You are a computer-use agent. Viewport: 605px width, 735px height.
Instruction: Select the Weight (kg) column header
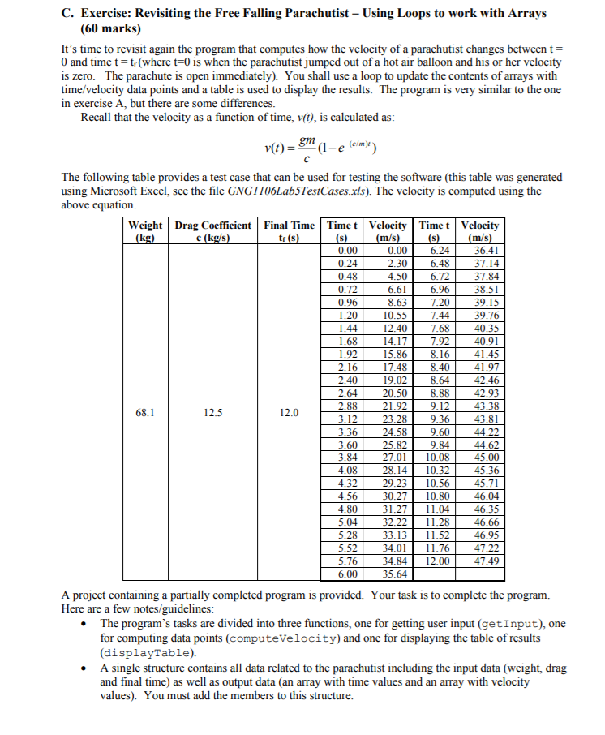146,230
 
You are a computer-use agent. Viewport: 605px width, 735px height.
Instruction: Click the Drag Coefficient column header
213,230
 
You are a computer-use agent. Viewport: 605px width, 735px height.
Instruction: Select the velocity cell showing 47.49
487,561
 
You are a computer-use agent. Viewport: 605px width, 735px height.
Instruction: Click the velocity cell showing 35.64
395,574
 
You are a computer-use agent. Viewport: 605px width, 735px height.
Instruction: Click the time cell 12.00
436,561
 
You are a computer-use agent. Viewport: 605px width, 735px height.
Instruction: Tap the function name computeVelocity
264,638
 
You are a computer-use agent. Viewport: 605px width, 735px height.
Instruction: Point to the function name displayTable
147,651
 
